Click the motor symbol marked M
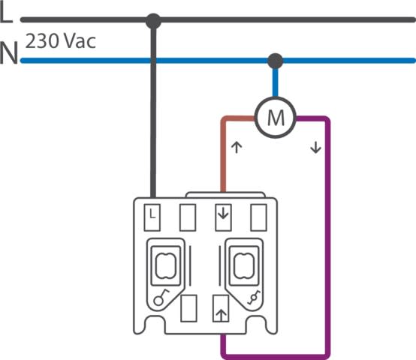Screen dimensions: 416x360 pyautogui.click(x=276, y=117)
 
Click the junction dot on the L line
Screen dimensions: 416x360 pyautogui.click(x=153, y=21)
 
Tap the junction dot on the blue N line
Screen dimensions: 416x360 pyautogui.click(x=276, y=61)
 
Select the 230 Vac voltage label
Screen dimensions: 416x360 pyautogui.click(x=61, y=41)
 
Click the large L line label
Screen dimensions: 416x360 pyautogui.click(x=6, y=13)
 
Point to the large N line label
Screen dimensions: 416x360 pyautogui.click(x=9, y=52)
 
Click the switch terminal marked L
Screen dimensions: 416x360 pyautogui.click(x=152, y=217)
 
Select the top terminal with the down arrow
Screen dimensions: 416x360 pyautogui.click(x=223, y=217)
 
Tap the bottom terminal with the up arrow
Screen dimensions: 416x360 pyautogui.click(x=221, y=308)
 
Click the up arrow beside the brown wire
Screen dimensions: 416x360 pyautogui.click(x=237, y=148)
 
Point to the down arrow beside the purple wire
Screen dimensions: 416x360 pyautogui.click(x=315, y=148)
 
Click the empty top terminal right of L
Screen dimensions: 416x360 pyautogui.click(x=188, y=217)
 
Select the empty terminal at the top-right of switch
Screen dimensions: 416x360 pyautogui.click(x=258, y=217)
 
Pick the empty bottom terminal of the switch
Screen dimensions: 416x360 pyautogui.click(x=188, y=308)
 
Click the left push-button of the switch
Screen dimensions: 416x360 pyautogui.click(x=166, y=265)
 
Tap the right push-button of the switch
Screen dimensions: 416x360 pyautogui.click(x=244, y=265)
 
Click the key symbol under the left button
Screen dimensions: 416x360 pyautogui.click(x=161, y=297)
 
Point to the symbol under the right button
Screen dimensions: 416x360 pyautogui.click(x=254, y=297)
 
